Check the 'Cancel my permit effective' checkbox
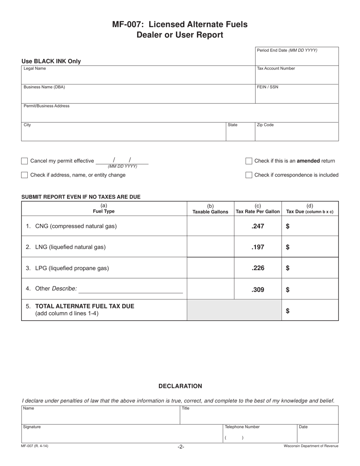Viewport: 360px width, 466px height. click(x=25, y=161)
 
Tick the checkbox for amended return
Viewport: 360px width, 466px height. click(x=249, y=161)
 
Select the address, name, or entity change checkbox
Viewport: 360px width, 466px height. click(x=25, y=175)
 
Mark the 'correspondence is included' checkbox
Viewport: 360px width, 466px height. click(x=249, y=175)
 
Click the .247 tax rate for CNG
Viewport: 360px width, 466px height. click(x=258, y=226)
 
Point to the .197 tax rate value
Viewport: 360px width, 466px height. click(x=258, y=247)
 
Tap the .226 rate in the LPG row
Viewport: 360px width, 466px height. click(x=258, y=268)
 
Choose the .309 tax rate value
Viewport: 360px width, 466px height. click(x=258, y=290)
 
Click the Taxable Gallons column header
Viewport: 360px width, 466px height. click(x=210, y=212)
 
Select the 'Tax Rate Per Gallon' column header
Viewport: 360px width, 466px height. click(x=258, y=211)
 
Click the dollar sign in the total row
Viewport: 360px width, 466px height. click(x=288, y=311)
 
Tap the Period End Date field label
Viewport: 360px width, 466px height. click(x=287, y=50)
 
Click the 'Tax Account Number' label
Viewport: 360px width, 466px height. click(x=276, y=69)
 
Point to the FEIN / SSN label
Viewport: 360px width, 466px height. click(x=268, y=87)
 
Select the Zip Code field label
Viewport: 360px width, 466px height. click(x=265, y=125)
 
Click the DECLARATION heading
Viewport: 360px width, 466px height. click(x=180, y=386)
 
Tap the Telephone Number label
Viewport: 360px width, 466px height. click(x=242, y=427)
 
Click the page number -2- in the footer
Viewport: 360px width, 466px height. click(x=181, y=447)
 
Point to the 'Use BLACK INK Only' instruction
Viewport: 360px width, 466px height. click(x=51, y=61)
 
